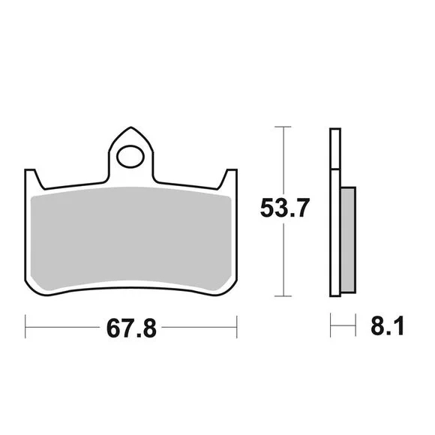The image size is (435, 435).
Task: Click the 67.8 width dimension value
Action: click(131, 328)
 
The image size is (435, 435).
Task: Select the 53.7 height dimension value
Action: click(285, 208)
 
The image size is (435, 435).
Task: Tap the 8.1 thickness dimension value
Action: click(388, 325)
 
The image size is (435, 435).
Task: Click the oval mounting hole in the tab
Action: click(130, 157)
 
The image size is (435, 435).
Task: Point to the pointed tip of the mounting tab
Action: click(130, 127)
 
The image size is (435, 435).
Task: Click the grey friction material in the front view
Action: click(130, 238)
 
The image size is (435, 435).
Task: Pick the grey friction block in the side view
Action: click(348, 240)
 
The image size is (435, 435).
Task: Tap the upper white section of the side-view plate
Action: click(335, 148)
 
